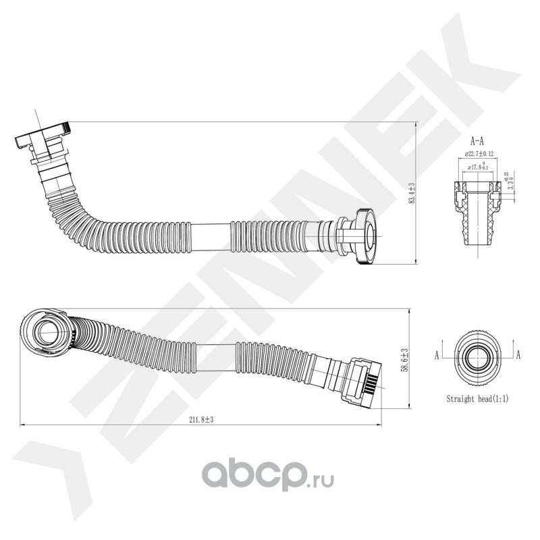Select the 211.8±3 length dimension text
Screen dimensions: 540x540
[202, 419]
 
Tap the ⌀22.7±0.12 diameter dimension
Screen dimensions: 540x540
[477, 154]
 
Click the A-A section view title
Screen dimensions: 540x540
[477, 141]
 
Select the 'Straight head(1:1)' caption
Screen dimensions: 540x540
[477, 399]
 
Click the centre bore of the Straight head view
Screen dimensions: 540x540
[477, 354]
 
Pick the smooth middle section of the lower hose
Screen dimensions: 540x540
[217, 353]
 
